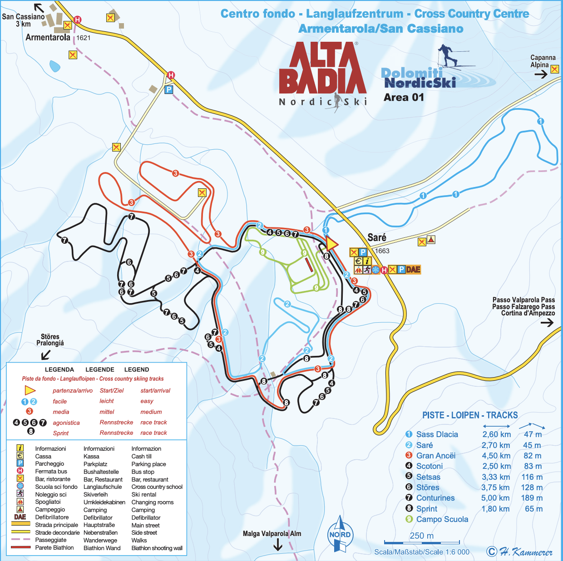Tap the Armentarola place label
point(48,38)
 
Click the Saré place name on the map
point(377,237)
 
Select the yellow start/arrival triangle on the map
point(332,244)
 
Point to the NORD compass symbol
point(340,534)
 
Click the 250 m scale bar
point(422,541)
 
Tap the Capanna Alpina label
point(543,61)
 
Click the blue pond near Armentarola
point(55,66)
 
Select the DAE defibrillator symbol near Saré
point(413,270)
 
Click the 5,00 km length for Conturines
point(496,498)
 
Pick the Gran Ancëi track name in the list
point(435,456)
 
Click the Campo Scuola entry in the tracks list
point(442,519)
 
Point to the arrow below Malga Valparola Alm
point(278,545)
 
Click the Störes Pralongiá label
point(50,340)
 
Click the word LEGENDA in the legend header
point(59,369)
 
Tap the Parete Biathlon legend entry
point(54,548)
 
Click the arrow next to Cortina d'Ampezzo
point(547,323)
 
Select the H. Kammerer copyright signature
point(520,552)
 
